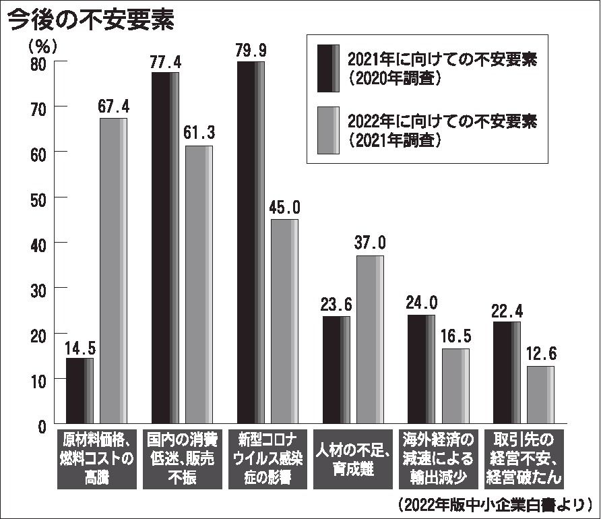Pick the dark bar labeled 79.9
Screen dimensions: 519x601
coord(251,243)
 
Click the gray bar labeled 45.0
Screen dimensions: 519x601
coord(284,322)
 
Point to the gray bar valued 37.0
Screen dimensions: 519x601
coord(370,340)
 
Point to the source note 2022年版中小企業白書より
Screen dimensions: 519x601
coord(495,504)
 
